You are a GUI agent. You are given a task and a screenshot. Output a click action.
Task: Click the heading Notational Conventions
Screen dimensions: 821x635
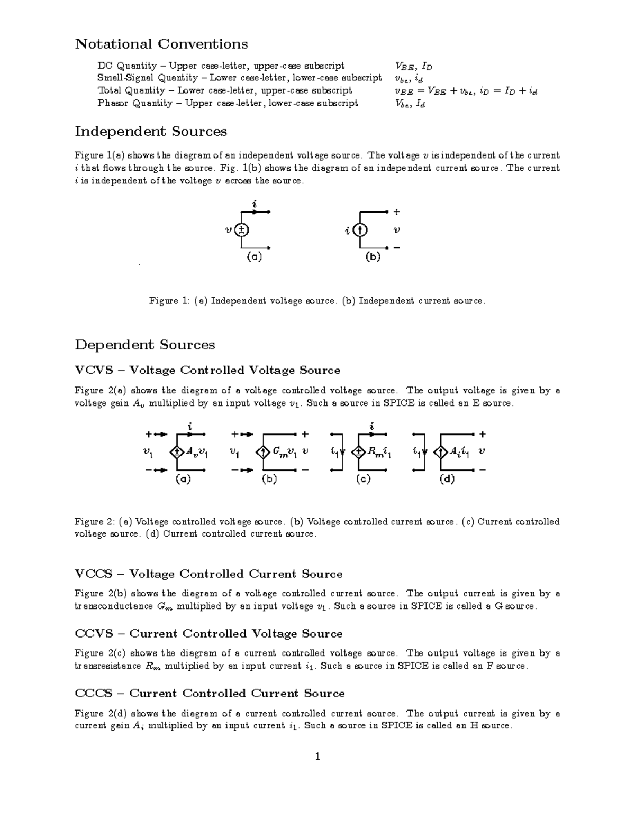161,44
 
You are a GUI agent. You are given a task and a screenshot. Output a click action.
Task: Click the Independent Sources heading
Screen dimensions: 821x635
151,131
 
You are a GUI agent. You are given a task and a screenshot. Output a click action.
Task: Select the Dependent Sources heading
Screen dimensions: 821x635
145,345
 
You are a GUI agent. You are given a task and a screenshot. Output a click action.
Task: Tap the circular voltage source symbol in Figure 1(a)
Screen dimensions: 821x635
241,230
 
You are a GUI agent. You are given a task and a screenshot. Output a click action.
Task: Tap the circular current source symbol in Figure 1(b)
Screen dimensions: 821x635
360,230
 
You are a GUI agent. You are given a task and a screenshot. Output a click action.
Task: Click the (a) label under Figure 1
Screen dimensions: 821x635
254,257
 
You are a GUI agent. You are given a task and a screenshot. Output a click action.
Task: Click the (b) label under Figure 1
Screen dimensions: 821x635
373,257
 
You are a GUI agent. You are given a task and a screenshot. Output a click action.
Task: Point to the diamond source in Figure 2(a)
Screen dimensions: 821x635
176,452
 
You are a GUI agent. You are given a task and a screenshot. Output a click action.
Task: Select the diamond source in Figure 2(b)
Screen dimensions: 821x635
262,452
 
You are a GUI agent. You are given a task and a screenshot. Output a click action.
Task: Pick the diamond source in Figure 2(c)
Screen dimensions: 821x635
359,452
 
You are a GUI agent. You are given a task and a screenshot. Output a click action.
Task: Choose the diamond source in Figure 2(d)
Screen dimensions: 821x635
440,452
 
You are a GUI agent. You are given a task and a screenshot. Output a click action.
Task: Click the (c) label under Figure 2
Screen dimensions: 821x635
363,479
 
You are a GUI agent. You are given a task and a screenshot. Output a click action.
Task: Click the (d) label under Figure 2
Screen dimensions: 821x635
447,479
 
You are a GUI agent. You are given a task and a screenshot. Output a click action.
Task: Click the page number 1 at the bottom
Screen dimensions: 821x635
317,757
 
